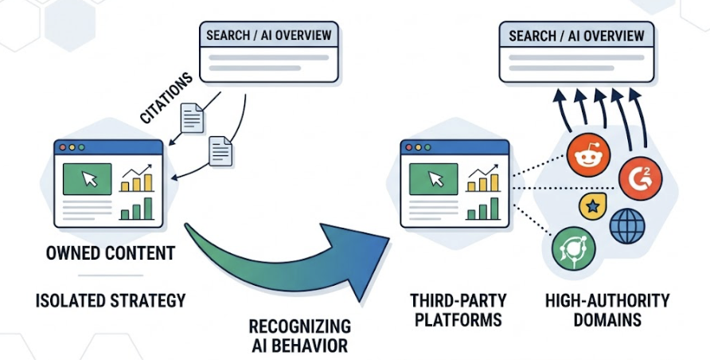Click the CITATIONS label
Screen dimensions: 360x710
coord(166,98)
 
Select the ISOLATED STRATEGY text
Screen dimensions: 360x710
coord(111,300)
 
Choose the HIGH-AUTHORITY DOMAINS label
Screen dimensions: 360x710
coord(607,310)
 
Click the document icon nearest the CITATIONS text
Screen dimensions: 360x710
coord(193,118)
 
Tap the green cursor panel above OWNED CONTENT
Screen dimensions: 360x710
coord(87,178)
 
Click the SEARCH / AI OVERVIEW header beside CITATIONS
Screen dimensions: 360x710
coord(268,36)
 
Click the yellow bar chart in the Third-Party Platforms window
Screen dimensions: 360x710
coord(482,182)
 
